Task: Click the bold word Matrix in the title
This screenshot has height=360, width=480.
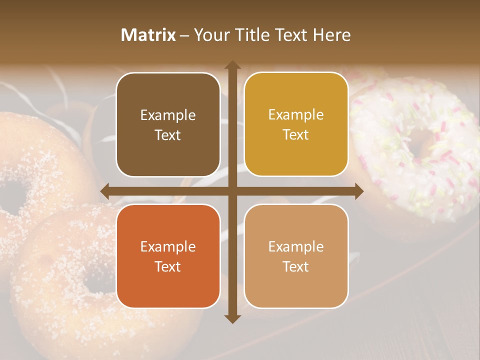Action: (x=148, y=35)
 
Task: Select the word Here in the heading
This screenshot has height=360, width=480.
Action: (x=331, y=35)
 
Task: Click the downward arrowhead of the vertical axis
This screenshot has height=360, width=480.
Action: (x=232, y=318)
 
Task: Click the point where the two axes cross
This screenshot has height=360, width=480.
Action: (x=232, y=191)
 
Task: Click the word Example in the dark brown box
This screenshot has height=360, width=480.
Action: (x=168, y=115)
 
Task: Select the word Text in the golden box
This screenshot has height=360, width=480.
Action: (x=296, y=134)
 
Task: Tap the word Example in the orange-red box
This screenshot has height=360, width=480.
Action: (x=168, y=246)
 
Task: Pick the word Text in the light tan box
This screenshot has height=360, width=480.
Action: (x=296, y=266)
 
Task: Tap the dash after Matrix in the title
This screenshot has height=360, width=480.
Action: (x=184, y=35)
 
